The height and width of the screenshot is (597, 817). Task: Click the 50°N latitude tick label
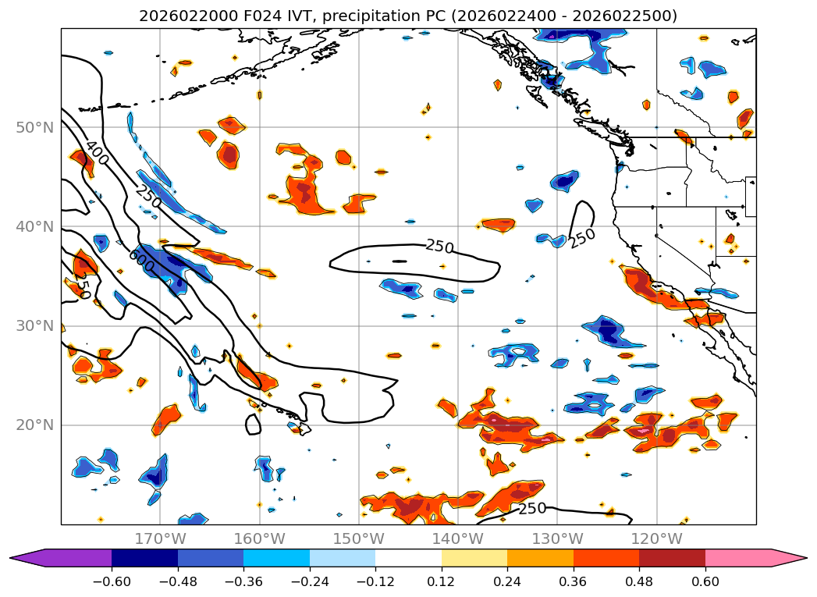34,127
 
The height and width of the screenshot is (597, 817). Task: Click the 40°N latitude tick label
34,226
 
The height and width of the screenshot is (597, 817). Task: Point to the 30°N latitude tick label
34,326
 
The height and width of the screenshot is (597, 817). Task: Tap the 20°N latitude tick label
34,425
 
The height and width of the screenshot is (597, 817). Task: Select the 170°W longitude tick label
160,538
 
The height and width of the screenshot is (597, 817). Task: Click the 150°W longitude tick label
359,538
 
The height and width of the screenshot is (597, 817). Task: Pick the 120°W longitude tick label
656,538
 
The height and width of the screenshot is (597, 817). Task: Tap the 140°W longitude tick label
458,538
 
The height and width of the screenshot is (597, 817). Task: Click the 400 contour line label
97,152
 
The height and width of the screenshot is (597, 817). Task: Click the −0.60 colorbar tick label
112,582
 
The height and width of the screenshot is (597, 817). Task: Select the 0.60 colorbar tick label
705,582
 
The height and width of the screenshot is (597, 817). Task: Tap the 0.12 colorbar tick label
442,582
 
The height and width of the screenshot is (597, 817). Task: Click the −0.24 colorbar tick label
309,582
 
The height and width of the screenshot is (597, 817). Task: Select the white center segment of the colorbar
408,558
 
